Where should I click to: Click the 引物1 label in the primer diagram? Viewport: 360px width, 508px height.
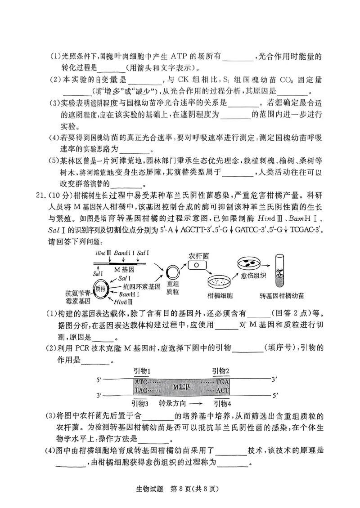coord(142,370)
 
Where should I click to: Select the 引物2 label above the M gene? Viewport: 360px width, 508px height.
coord(221,370)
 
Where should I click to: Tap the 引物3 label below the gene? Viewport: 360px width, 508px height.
coord(140,403)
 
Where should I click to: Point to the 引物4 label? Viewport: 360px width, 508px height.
coord(221,403)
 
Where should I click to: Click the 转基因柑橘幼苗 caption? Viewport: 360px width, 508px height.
coord(282,295)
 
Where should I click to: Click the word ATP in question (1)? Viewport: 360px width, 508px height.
coord(181,57)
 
